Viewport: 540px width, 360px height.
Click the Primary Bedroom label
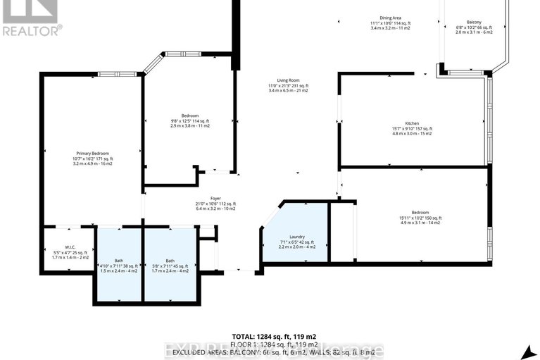(x=93, y=153)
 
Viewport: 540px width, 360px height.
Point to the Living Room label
(x=287, y=81)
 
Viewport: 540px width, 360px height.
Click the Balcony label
(x=474, y=23)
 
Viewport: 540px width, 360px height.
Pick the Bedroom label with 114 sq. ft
(x=190, y=116)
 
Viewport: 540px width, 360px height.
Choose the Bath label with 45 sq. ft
(x=170, y=261)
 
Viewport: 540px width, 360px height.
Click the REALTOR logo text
(x=32, y=30)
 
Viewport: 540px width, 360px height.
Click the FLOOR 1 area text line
(x=271, y=344)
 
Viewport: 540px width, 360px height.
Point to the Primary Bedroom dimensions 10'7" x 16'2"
(x=93, y=159)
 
